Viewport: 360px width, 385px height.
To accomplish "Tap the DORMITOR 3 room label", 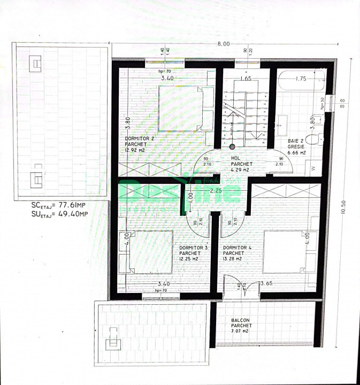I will coord(191,248).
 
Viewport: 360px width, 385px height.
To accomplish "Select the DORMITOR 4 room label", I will coord(234,248).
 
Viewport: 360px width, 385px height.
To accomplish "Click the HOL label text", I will coord(235,158).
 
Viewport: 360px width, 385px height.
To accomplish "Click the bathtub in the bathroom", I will coord(301,84).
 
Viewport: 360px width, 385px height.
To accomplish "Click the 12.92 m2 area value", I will coord(135,150).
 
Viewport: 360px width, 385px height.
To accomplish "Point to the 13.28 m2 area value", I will coord(233,259).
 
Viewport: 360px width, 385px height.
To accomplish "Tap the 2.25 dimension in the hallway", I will coord(216,190).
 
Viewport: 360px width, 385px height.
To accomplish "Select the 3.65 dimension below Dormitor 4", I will coord(267,283).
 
